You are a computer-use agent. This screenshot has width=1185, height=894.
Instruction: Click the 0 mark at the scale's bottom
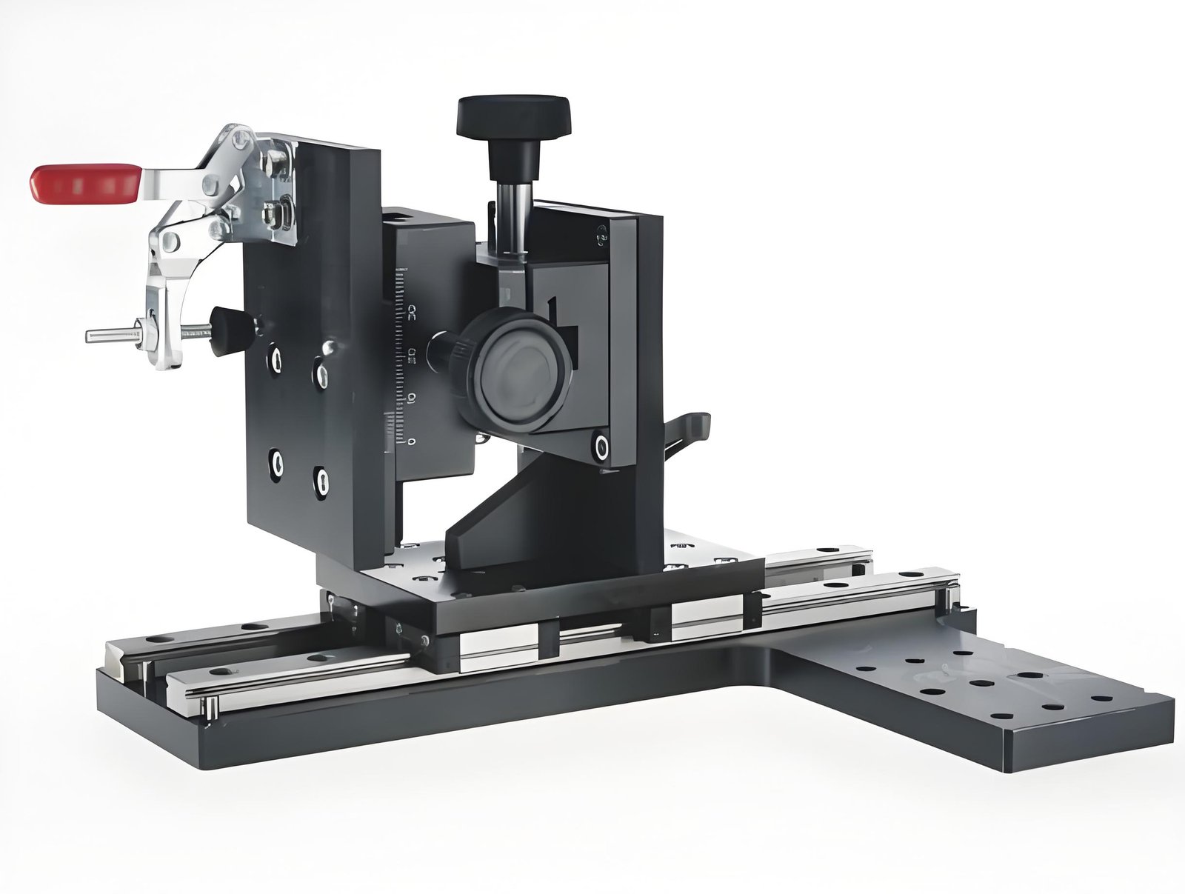(x=412, y=442)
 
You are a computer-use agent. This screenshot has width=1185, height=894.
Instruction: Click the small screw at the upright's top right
(x=599, y=237)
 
